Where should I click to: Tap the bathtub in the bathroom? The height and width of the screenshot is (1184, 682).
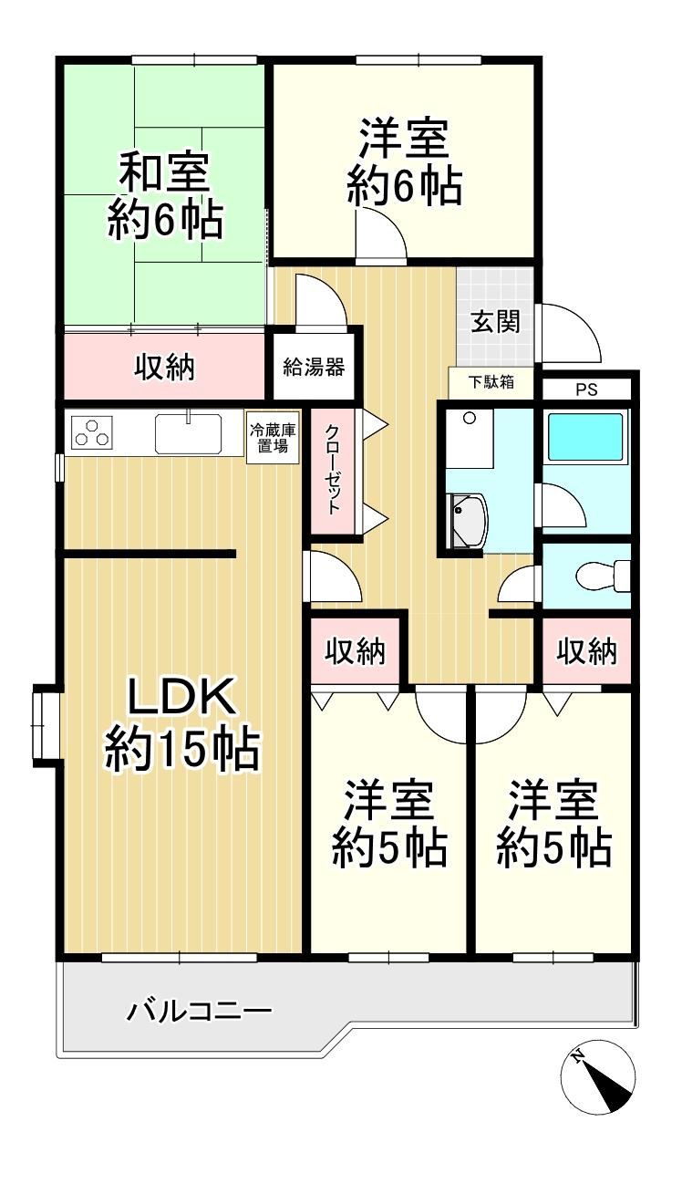[584, 437]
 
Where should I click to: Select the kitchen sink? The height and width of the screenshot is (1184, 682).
[188, 433]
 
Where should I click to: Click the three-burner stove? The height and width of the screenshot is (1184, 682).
[92, 431]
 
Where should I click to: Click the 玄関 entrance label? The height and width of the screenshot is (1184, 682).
[495, 321]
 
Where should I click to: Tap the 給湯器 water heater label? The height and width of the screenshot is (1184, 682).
[314, 367]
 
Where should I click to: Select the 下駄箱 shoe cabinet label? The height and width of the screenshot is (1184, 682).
[491, 381]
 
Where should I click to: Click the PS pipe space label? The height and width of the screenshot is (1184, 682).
[586, 389]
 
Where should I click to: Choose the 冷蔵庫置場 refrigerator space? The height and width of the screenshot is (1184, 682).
[274, 438]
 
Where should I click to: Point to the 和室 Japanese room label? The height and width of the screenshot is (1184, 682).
[164, 172]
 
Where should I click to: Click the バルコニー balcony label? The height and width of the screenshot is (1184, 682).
[199, 1013]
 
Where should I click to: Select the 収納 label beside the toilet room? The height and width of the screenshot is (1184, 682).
[586, 651]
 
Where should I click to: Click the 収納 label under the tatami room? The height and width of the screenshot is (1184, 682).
[164, 367]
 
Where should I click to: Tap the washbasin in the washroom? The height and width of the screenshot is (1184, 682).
[469, 520]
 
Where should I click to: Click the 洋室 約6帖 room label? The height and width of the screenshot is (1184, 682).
[405, 162]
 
